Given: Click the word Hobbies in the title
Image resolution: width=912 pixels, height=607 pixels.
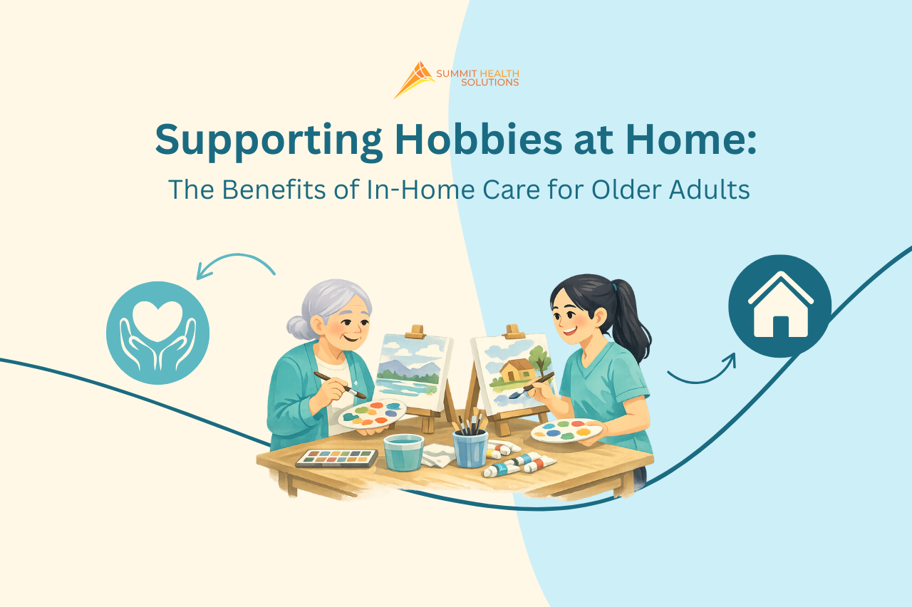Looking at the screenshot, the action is (478, 139).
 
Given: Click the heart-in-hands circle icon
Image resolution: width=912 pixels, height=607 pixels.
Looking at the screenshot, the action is (158, 333).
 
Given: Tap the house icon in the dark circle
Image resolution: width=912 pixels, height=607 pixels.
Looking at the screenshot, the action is (779, 306).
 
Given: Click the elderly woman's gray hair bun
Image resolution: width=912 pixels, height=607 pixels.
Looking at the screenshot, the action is (298, 328).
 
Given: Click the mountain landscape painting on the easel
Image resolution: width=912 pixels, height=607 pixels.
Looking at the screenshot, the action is (413, 371).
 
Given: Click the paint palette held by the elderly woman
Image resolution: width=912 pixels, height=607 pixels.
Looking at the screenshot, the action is (372, 413).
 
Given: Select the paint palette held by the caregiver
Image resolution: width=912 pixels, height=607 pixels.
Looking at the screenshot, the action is (566, 431).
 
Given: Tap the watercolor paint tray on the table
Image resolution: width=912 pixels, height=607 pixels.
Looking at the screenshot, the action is (337, 458).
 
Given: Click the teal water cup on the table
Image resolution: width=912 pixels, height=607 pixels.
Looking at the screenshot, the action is (403, 452).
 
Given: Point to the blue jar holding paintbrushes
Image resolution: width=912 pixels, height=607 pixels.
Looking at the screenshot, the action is (470, 448).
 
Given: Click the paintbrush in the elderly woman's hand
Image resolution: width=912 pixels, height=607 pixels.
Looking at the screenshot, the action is (340, 385).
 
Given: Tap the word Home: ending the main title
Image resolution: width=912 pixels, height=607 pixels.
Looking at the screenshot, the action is (691, 139).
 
